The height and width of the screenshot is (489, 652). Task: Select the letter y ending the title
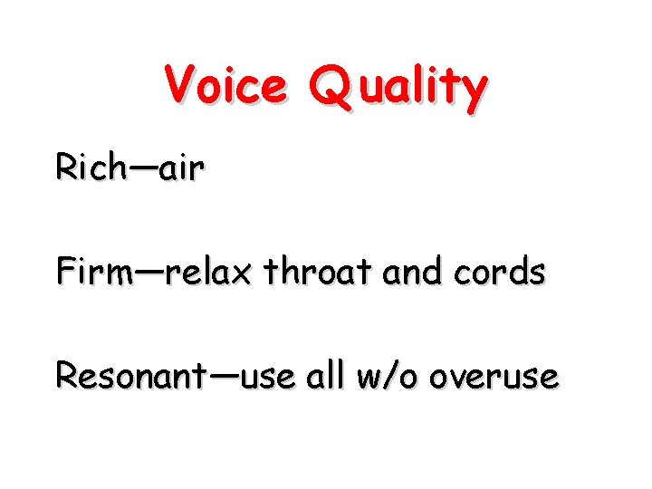pos(473,92)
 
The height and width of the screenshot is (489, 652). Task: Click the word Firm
pos(94,271)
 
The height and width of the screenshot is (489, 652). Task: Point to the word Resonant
pos(130,375)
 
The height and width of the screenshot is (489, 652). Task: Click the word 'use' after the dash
pos(269,377)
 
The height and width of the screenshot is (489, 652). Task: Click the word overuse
pos(494,377)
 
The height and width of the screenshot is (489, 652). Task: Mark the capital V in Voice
pos(179,86)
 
